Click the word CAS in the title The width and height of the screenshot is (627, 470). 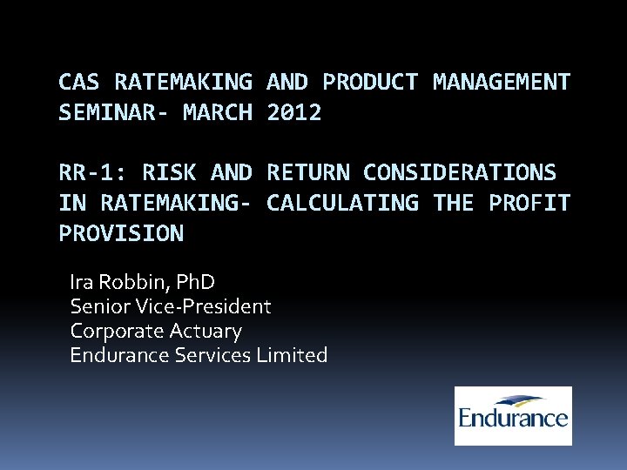(x=80, y=83)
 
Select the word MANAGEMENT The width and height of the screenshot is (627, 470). (x=502, y=83)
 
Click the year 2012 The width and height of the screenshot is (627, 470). (x=294, y=112)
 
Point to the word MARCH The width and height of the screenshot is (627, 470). (x=218, y=112)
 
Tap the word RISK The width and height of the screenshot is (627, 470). (x=169, y=173)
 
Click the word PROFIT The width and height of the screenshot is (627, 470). (x=529, y=203)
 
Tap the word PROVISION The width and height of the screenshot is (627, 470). (x=121, y=233)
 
